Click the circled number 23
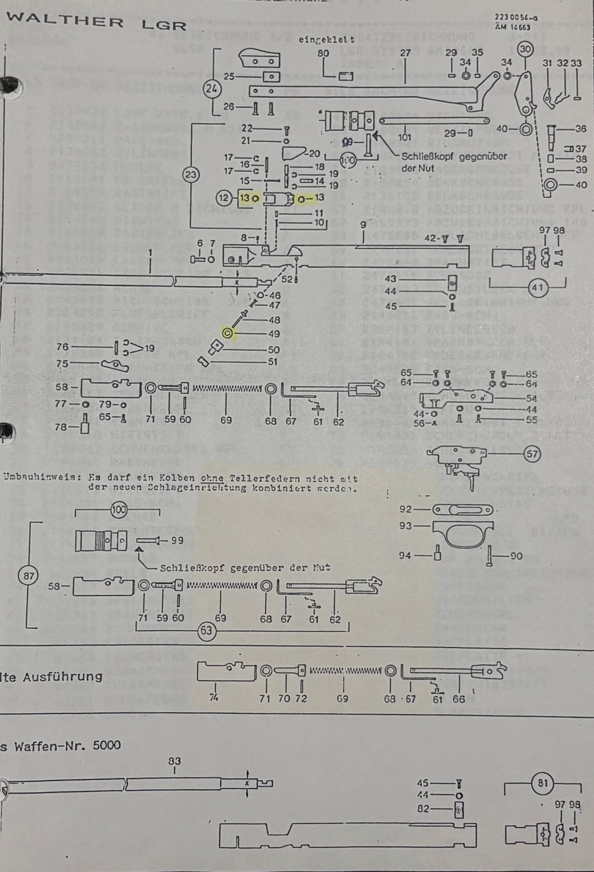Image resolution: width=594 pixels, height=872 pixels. tap(191, 174)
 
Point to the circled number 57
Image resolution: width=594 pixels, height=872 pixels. tap(532, 454)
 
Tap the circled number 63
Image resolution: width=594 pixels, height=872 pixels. tap(206, 631)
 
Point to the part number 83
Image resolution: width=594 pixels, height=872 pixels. tap(174, 761)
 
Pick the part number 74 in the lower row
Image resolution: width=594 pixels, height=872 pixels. tap(214, 698)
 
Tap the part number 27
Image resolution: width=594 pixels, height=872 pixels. tap(406, 53)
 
